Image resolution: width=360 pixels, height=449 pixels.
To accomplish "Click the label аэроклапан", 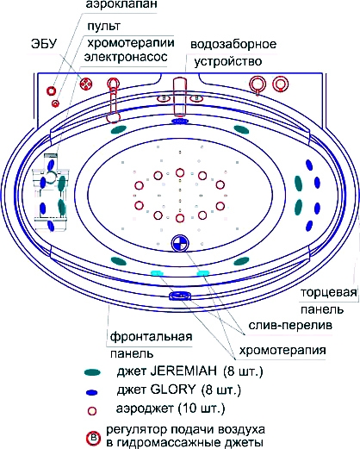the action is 121,4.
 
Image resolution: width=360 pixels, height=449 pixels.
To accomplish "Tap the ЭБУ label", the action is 44,44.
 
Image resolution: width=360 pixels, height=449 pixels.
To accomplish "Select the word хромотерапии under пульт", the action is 131,43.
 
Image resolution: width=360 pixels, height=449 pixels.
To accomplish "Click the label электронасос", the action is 126,57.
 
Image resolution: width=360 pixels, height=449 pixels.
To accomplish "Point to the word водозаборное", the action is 233,44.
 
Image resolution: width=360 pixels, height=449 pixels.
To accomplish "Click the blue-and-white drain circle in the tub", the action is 180,243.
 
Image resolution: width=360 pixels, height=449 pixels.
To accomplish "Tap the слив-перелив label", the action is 290,326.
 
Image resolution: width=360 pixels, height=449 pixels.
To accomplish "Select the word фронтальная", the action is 151,336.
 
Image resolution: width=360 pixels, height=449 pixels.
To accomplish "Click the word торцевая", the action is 329,293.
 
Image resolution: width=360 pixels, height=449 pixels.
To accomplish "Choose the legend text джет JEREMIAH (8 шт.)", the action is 189,371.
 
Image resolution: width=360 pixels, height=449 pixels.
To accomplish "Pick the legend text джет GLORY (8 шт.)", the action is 179,390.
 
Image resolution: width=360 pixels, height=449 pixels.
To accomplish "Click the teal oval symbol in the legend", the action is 92,372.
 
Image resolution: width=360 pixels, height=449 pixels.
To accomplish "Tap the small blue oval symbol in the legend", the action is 92,392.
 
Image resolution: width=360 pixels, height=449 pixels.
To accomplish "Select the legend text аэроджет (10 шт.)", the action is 171,408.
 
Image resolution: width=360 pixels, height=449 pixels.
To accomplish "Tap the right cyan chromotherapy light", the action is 203,272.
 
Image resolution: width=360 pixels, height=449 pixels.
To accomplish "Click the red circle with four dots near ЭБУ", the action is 86,84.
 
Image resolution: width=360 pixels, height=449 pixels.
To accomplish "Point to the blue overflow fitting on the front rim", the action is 180,295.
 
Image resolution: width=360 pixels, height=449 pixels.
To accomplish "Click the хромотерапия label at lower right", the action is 282,351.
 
